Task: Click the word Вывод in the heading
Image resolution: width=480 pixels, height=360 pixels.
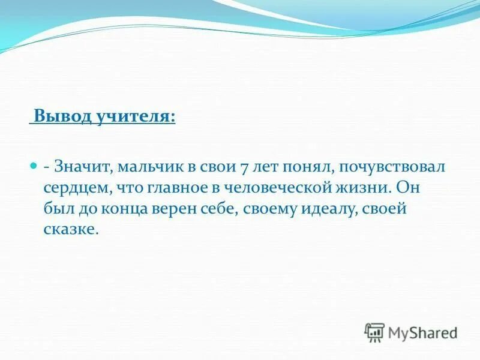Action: (61, 116)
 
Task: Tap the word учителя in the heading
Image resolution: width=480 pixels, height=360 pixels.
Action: (134, 116)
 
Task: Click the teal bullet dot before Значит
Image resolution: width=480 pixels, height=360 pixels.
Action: (34, 164)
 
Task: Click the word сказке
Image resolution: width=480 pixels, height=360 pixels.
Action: (70, 230)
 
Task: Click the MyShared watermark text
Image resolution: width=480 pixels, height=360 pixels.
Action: (423, 332)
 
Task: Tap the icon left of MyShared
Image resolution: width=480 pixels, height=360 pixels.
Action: (374, 332)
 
